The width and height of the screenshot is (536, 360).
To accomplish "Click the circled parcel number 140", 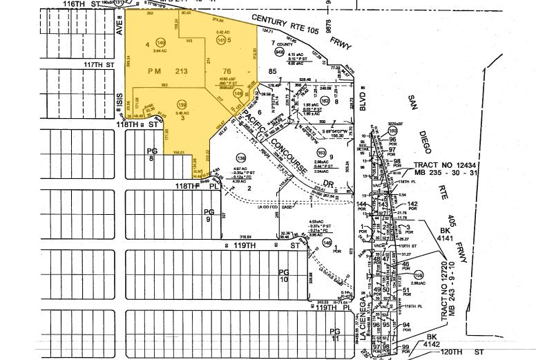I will pyautogui.click(x=160, y=41).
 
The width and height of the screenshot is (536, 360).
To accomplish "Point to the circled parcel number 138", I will pyautogui.click(x=241, y=158).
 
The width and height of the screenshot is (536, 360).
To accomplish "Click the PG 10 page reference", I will pyautogui.click(x=283, y=276).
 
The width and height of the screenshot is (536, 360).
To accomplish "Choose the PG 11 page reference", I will pyautogui.click(x=334, y=336).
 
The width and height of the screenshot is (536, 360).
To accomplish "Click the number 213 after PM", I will pyautogui.click(x=182, y=70).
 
